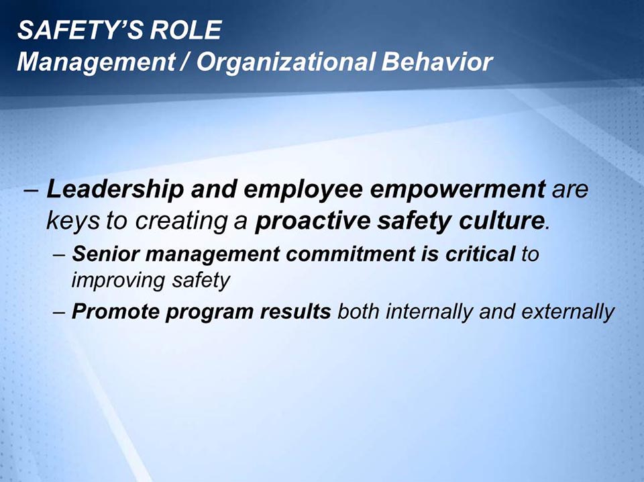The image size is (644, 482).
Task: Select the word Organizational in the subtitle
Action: (x=288, y=62)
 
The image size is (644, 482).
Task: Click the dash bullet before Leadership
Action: (x=30, y=191)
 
